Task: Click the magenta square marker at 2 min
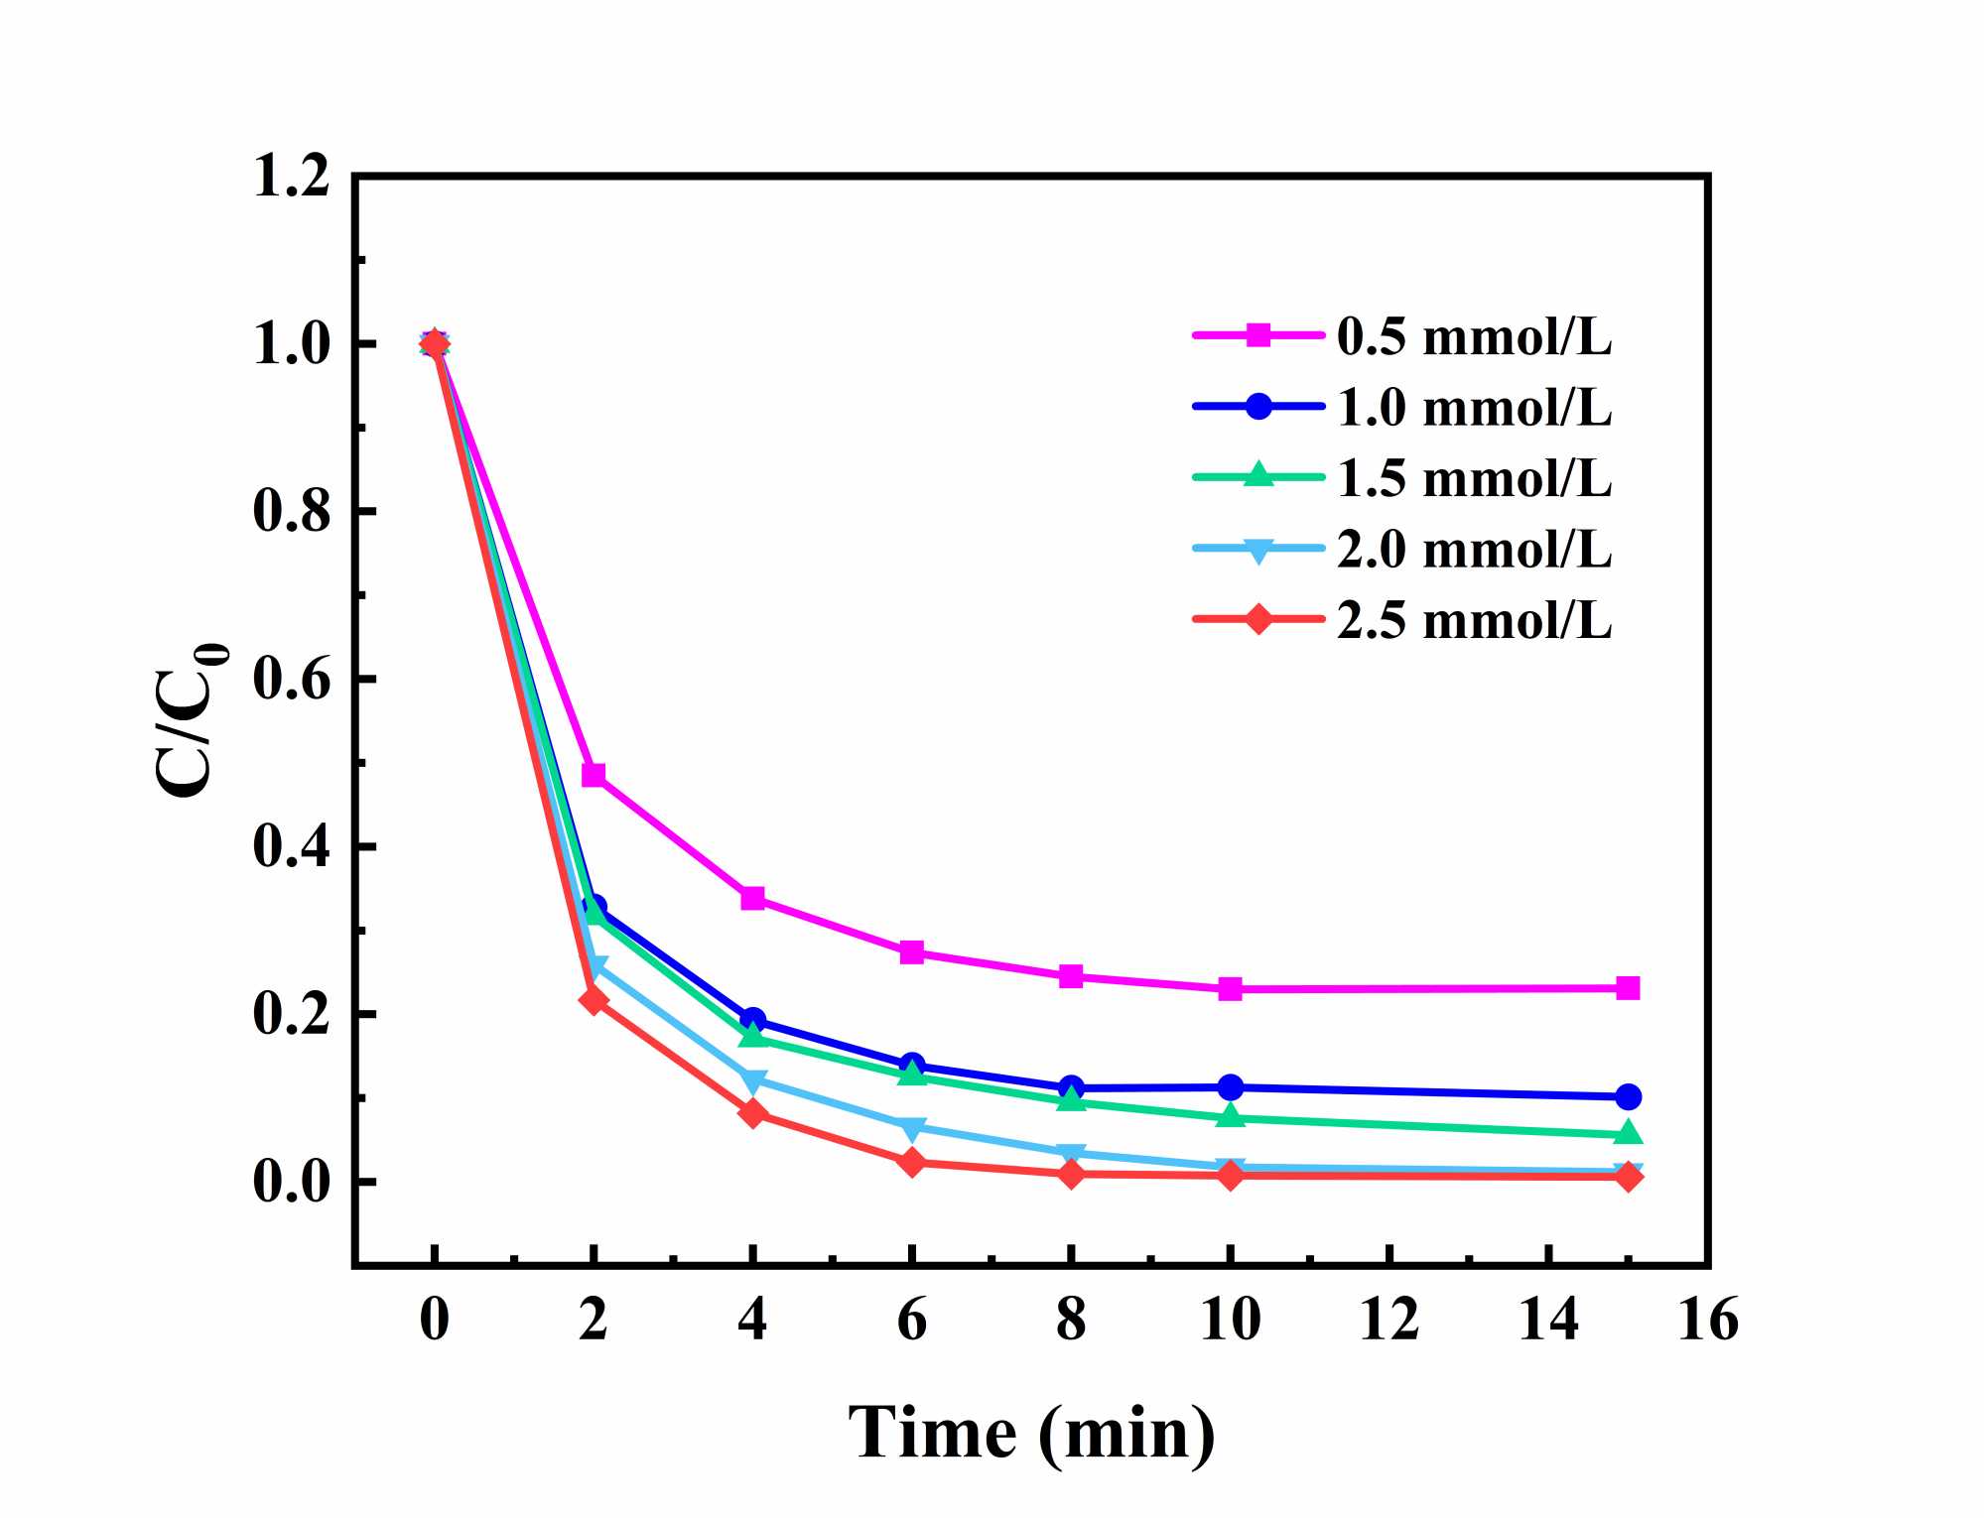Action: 594,775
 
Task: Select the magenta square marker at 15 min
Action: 1628,988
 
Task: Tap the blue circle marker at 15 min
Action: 1628,1096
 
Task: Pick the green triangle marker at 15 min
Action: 1628,1133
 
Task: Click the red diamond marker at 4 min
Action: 753,1113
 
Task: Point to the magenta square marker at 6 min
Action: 912,952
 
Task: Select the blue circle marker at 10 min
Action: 1231,1087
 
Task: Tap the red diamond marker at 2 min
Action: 594,1000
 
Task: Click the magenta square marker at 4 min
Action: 753,899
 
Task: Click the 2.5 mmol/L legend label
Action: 1474,620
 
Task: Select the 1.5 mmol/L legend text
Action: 1474,477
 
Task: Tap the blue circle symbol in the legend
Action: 1258,406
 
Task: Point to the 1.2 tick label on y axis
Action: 291,178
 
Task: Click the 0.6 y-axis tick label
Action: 291,680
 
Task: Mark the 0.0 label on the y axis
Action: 291,1183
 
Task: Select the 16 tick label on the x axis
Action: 1708,1321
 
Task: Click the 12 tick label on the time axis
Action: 1389,1321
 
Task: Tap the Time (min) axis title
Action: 1031,1434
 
